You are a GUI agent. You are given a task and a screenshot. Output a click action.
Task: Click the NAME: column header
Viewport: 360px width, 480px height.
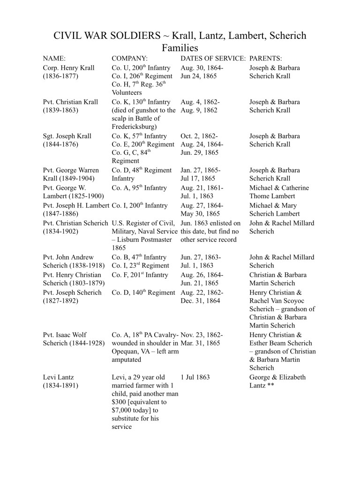(x=54, y=59)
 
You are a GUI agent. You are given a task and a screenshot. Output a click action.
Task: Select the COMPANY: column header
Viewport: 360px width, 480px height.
(x=130, y=59)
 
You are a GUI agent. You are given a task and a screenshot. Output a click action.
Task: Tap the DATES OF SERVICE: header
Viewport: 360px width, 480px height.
(x=213, y=59)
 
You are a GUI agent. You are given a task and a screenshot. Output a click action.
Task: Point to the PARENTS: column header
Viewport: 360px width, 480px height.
(x=266, y=59)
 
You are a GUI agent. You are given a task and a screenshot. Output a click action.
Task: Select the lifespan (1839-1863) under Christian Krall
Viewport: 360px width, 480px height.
(x=60, y=111)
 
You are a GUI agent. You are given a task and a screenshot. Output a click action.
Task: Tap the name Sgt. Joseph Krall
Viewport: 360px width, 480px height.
(x=67, y=136)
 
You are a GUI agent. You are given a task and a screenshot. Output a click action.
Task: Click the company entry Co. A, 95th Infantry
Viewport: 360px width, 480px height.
(x=139, y=188)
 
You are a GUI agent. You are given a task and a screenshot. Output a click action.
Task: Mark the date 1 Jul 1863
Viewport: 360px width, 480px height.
(x=195, y=377)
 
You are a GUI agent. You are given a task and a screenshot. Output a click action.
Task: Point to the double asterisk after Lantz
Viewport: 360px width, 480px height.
(x=270, y=386)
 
